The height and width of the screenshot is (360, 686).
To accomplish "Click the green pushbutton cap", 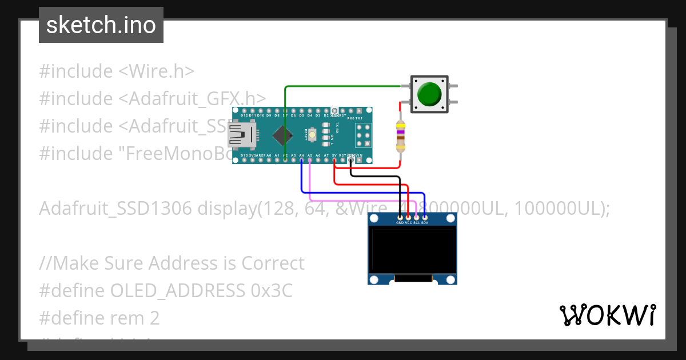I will (x=429, y=94).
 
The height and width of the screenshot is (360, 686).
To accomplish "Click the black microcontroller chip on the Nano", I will (x=280, y=135).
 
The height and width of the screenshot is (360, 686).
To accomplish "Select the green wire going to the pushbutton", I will (x=343, y=86).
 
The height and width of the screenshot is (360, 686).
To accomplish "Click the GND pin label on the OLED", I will (x=400, y=223).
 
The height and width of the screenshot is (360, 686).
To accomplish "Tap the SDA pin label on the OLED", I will (x=425, y=223).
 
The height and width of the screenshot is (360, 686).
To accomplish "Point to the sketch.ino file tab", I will (x=101, y=25).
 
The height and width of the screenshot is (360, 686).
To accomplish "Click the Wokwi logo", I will (x=607, y=315).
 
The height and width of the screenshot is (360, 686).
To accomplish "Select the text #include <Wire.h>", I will (x=117, y=71).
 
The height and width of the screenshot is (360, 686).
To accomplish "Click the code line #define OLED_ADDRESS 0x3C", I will (x=166, y=290).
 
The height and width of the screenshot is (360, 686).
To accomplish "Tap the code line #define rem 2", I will (x=99, y=318).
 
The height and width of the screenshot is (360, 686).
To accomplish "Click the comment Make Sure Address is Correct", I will (x=171, y=263).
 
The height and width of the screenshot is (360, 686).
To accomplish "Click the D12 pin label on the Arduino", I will (x=244, y=115).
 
